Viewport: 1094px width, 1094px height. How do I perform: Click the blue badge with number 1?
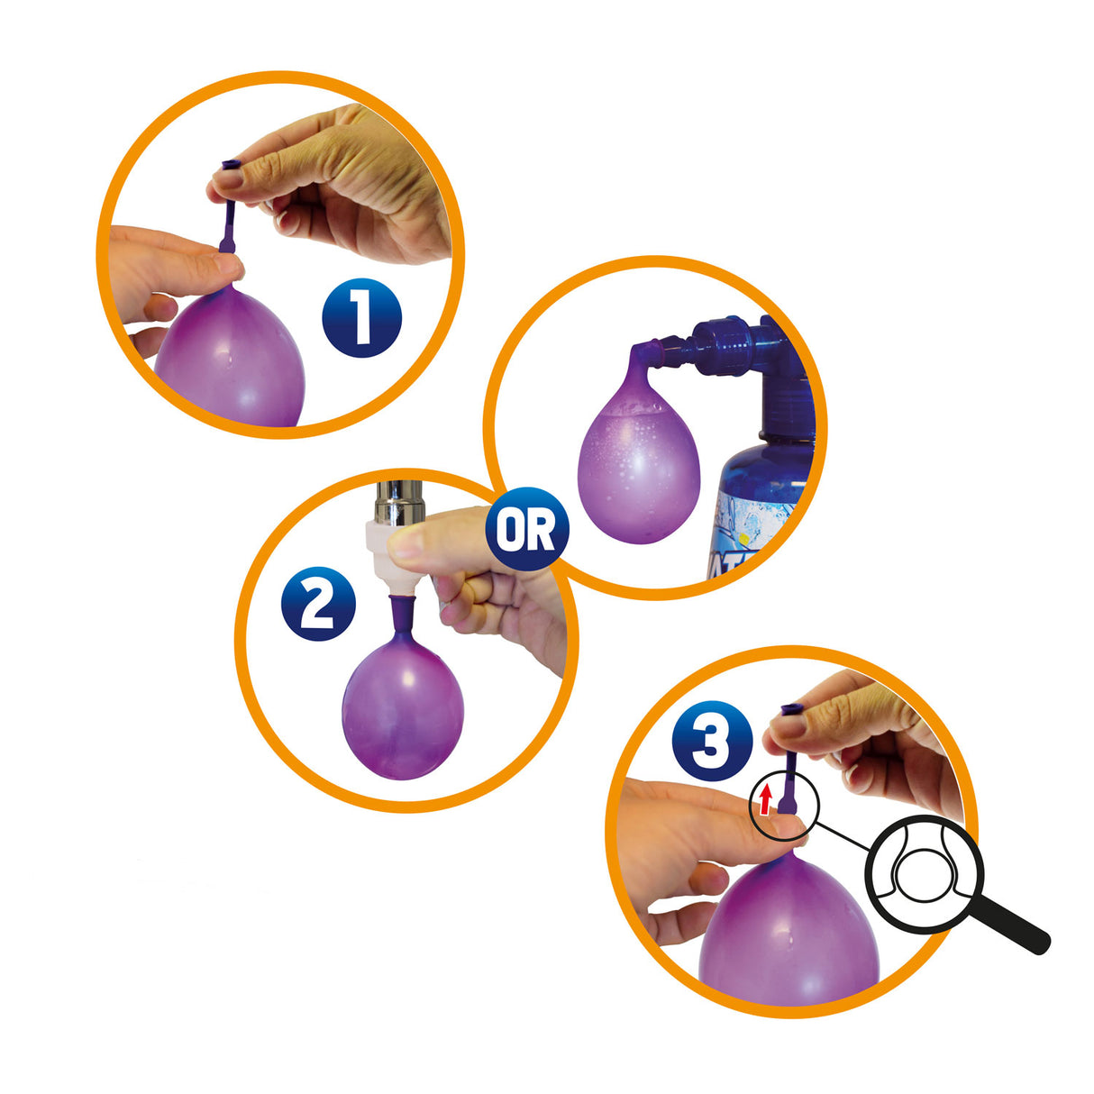point(361,317)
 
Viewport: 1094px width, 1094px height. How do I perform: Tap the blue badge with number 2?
point(318,603)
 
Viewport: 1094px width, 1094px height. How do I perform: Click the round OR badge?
point(527,530)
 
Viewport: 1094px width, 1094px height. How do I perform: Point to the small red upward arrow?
point(766,798)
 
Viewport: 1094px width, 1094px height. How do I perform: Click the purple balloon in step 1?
point(231,360)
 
